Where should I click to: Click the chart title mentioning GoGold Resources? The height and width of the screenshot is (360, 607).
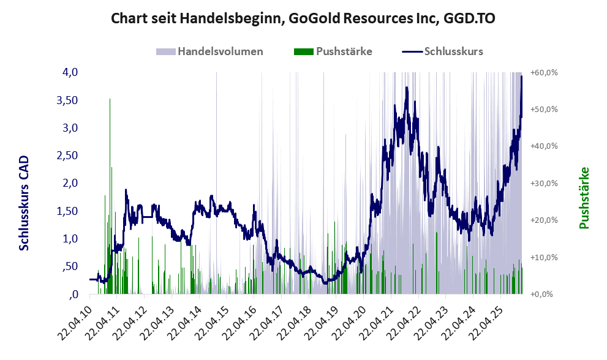click(x=303, y=18)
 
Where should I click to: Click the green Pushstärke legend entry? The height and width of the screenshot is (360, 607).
click(x=344, y=51)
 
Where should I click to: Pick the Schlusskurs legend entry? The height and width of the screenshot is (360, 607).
click(x=453, y=51)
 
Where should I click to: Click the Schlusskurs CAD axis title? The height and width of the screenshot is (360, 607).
click(x=25, y=203)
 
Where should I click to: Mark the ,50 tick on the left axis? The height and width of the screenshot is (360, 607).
click(x=68, y=266)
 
